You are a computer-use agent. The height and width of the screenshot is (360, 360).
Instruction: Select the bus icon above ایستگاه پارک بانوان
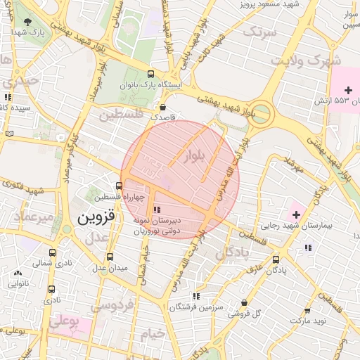150,74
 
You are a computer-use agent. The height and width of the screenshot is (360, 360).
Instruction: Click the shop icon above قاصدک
164,108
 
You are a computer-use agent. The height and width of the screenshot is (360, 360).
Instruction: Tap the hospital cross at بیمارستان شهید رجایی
296,213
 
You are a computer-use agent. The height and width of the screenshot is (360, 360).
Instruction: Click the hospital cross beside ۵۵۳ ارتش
348,89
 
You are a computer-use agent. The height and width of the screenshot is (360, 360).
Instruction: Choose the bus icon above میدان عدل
109,257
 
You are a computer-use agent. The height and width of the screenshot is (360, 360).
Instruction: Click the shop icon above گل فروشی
244,302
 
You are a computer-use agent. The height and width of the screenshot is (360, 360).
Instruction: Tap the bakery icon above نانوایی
18,273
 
